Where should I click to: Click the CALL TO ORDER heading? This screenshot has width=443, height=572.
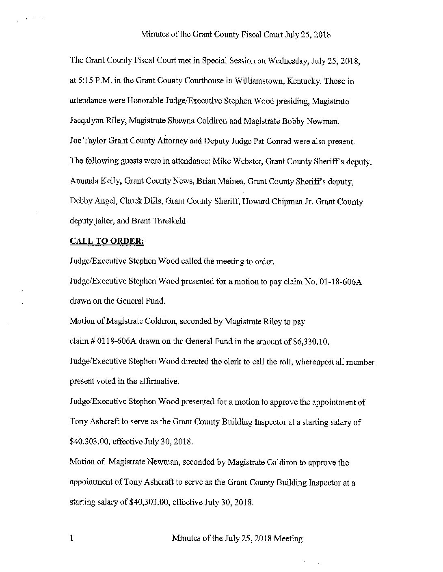point(107,241)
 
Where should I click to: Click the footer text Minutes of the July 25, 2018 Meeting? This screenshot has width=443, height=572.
point(237,539)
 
